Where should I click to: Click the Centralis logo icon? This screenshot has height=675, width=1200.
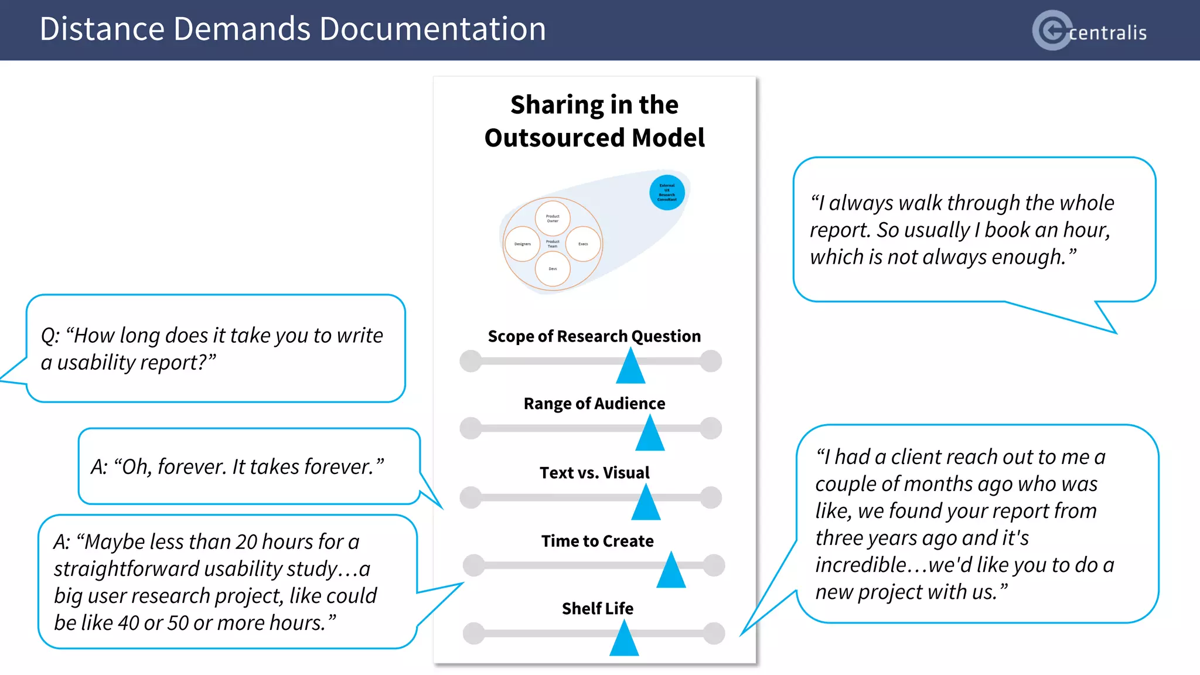click(1052, 30)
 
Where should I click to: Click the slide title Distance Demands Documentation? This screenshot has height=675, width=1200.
click(292, 29)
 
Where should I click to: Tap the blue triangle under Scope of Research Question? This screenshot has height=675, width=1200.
click(630, 367)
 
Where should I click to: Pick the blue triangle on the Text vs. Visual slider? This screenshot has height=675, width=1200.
click(646, 504)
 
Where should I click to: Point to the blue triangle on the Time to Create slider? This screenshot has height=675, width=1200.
click(671, 571)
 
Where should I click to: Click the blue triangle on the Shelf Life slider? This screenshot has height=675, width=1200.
click(624, 639)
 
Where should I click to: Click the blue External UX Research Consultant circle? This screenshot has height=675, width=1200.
click(667, 192)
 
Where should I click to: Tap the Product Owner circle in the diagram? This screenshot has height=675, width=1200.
click(553, 218)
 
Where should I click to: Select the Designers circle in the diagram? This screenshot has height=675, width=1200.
click(522, 244)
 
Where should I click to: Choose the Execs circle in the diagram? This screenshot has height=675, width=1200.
click(583, 244)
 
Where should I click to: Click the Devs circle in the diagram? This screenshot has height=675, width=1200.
click(553, 269)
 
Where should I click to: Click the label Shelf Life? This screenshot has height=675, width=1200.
click(597, 609)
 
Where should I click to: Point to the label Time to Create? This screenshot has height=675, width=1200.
click(597, 541)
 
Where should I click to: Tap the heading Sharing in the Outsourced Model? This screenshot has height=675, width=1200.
click(594, 121)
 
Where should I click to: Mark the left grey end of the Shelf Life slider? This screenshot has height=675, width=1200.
click(473, 633)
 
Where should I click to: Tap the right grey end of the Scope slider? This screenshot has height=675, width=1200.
click(711, 361)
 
